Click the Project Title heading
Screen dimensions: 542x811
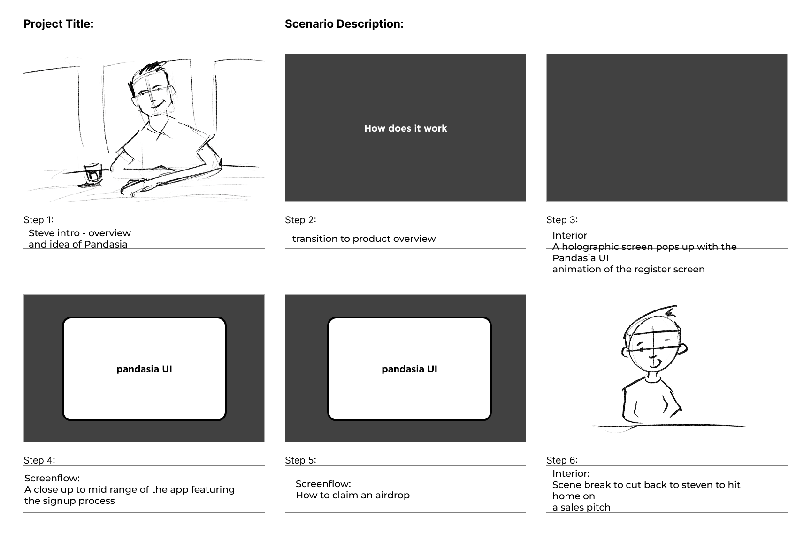(x=58, y=24)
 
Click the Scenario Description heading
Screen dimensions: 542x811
(x=344, y=24)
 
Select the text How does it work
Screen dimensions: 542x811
(x=405, y=128)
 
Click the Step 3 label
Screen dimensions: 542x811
(x=561, y=220)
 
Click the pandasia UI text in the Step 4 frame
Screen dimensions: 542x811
(x=144, y=369)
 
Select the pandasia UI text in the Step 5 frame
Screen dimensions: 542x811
(x=409, y=369)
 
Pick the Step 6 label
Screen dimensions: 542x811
(x=561, y=460)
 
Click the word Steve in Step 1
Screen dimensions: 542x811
(x=41, y=233)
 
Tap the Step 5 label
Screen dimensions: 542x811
(x=300, y=460)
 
